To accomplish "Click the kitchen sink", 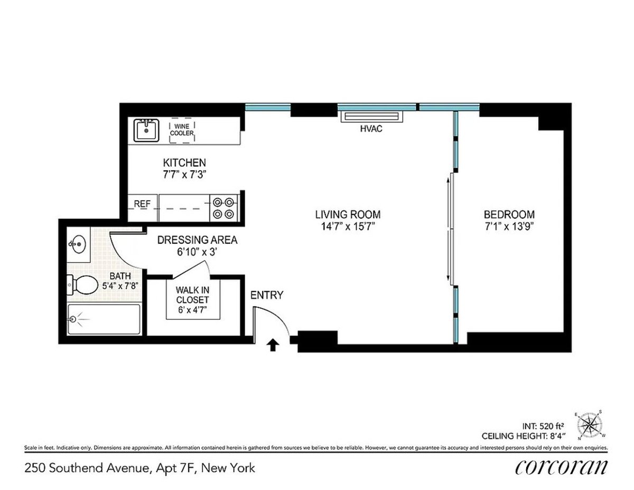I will point(146,130).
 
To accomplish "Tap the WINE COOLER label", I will point(182,130).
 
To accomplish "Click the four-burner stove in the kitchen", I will point(223,208).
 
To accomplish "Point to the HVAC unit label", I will point(371,129).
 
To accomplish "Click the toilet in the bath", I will point(80,285).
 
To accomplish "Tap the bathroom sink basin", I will point(77,244).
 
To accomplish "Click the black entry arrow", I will point(273,345).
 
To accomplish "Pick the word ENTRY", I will point(267,295).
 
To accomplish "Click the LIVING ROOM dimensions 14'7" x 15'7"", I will point(348,226).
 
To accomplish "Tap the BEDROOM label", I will point(509,215).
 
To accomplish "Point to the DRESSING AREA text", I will point(197,240).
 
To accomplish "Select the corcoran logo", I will point(561,467).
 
